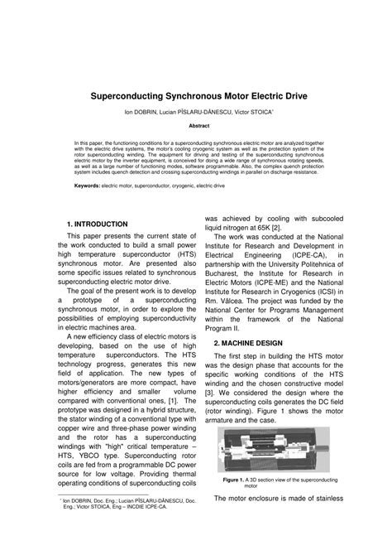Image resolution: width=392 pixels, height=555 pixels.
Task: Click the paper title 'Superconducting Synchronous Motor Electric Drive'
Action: (196, 95)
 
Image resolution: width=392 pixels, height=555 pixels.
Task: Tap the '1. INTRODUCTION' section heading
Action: (97, 224)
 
